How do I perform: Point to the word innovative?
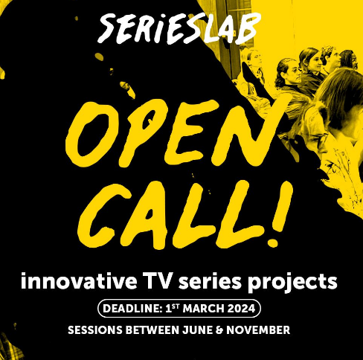tap(79, 281)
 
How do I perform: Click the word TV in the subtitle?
tap(158, 280)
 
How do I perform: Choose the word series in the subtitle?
tap(210, 281)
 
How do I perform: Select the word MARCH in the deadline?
tap(204, 309)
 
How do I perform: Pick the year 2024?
tap(241, 309)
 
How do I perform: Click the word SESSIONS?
tap(95, 330)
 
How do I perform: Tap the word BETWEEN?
tap(152, 330)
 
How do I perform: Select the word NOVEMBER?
tap(258, 330)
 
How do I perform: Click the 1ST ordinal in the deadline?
tap(173, 308)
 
